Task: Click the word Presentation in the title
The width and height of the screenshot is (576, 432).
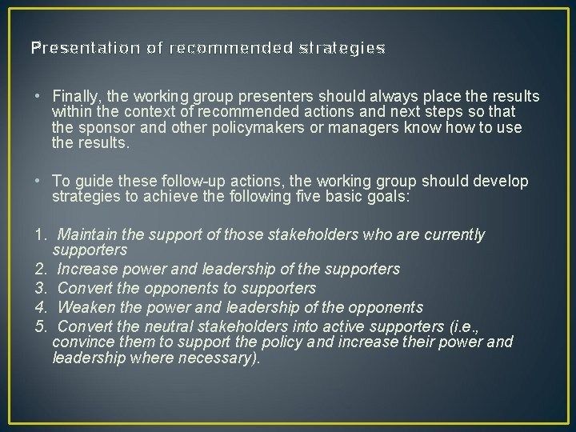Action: tap(71, 48)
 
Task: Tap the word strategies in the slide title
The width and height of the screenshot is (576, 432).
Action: tap(342, 48)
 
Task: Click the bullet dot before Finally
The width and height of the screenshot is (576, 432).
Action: tap(38, 97)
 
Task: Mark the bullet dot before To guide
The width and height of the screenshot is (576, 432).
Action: tap(38, 182)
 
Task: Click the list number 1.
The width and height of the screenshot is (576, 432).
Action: tap(39, 235)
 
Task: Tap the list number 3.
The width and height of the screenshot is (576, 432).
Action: tap(39, 288)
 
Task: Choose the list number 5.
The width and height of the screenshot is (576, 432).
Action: tap(39, 326)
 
